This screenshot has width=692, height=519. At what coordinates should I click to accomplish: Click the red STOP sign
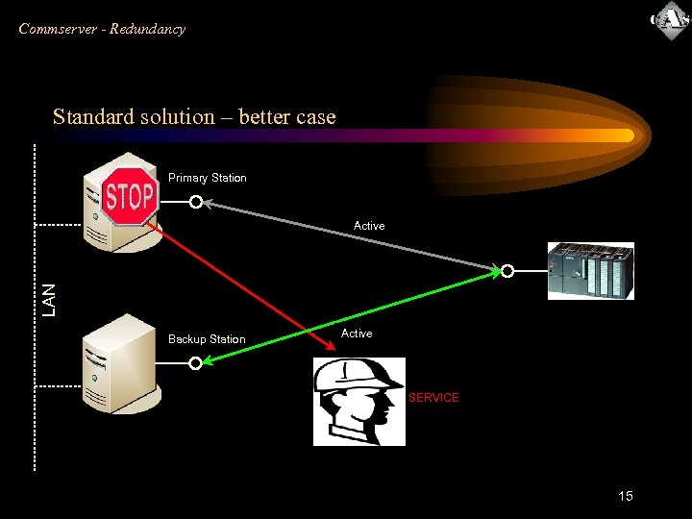(130, 197)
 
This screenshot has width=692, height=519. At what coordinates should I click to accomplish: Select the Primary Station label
(208, 178)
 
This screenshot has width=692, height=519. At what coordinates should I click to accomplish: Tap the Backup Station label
(207, 339)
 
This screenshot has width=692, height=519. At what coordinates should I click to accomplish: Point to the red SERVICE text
(433, 398)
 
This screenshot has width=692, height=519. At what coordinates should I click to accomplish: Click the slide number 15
(626, 496)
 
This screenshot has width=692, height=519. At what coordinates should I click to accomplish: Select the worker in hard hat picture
(359, 402)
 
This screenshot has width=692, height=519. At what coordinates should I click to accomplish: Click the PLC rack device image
(591, 271)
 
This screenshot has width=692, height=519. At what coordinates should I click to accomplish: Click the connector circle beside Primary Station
(195, 203)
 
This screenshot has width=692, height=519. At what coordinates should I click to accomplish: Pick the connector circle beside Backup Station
(195, 363)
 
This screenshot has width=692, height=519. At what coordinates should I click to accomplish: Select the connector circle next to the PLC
(507, 271)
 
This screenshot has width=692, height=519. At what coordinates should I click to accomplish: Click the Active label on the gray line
(369, 226)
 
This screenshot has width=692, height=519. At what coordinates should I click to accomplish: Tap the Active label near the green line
(357, 334)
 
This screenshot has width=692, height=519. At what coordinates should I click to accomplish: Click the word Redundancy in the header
(147, 29)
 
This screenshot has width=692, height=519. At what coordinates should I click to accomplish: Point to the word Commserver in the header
(58, 29)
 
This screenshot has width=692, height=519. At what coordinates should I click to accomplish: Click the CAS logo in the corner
(669, 21)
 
